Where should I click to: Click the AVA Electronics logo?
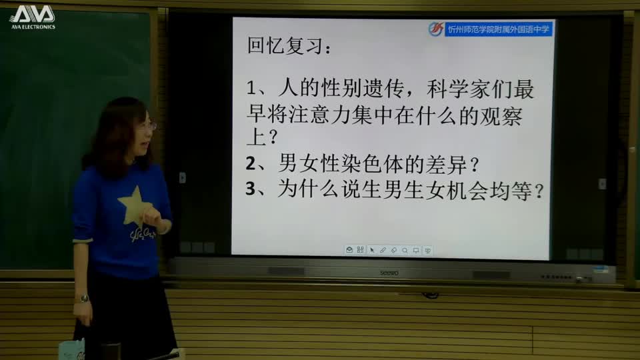point(32,17)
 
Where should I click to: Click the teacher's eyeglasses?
point(149,125)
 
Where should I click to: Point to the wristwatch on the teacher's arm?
point(83,299)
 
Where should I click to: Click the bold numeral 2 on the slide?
point(251,163)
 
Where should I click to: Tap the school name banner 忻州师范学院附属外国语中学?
point(499,29)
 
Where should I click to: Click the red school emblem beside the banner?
point(436,29)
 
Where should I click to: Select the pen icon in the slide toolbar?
point(383,250)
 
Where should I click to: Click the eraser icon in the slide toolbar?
point(393,250)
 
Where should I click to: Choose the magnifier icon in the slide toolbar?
point(405,250)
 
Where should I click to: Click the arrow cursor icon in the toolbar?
point(372,250)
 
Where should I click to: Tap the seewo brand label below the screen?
point(389,272)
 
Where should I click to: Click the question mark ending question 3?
point(538,191)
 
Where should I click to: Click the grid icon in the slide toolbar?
point(361,250)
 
